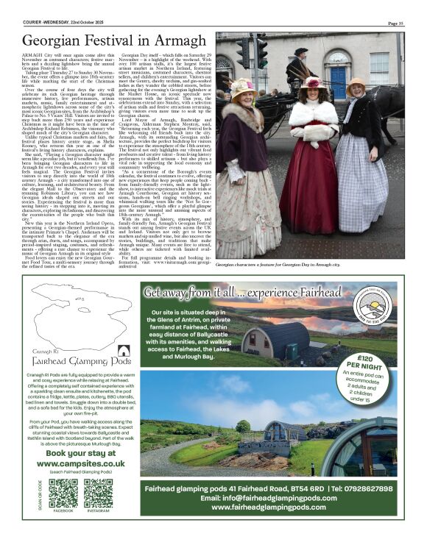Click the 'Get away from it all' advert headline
[x=258, y=292]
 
